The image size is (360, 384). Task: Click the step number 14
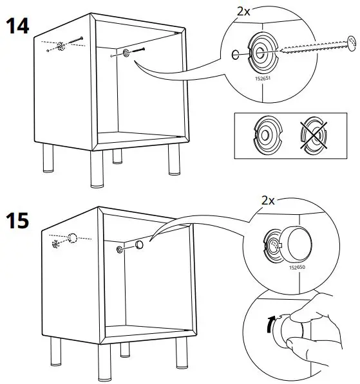[19, 27]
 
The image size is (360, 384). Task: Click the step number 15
[19, 221]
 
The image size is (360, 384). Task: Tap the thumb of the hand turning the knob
[298, 315]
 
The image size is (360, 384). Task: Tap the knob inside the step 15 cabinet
[139, 246]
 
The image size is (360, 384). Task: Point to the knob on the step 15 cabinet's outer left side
[73, 238]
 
